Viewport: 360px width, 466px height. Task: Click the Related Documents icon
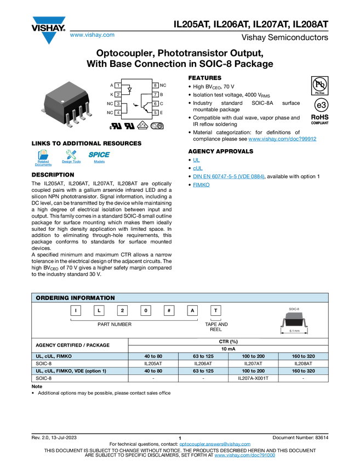[43, 157]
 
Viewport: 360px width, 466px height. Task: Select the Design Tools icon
[71, 157]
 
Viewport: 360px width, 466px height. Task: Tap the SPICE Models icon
[99, 157]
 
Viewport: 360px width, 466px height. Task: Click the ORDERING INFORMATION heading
[76, 298]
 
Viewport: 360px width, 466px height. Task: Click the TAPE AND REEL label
[216, 327]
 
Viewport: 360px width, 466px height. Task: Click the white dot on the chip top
[63, 101]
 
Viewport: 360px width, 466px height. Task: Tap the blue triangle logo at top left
[49, 38]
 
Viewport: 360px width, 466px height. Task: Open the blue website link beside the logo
[92, 35]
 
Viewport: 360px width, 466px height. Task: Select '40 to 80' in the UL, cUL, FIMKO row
[153, 356]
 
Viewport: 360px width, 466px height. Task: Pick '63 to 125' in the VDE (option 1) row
[203, 371]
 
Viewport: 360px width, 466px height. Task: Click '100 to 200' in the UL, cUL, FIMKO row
[253, 356]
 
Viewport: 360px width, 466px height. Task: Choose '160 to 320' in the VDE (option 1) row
[304, 371]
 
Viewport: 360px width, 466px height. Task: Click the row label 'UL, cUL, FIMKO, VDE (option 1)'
[71, 371]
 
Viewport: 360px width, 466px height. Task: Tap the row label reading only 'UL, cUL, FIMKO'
[54, 356]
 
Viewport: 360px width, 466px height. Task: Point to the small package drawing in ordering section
[294, 320]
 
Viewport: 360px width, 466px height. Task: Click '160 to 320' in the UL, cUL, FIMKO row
[304, 356]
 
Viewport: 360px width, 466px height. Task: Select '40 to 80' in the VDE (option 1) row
[153, 371]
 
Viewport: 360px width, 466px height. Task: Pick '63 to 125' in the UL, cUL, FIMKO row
[203, 356]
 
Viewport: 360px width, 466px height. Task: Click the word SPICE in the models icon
[99, 155]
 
